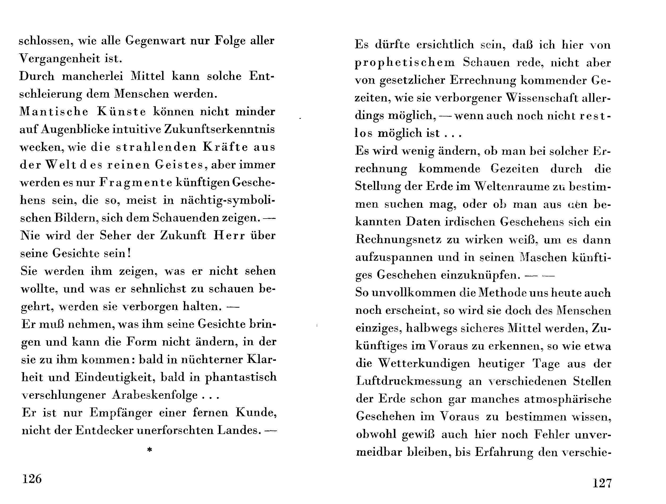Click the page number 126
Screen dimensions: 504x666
32,479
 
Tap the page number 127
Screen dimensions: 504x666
602,483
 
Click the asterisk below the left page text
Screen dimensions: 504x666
149,450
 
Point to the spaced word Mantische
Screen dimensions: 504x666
54,112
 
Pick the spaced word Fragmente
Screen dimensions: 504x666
136,183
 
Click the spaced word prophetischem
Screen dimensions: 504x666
405,63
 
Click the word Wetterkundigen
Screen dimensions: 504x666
424,363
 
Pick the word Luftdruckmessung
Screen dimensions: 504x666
409,381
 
